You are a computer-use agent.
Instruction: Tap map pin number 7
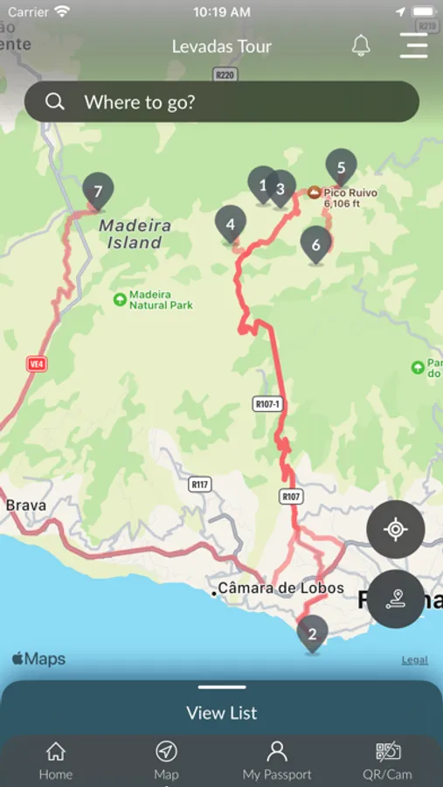tap(98, 191)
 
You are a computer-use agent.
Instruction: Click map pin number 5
tap(341, 166)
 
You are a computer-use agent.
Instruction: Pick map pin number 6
tap(316, 244)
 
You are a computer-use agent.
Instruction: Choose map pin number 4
tap(230, 224)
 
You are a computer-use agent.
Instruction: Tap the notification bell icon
tap(361, 45)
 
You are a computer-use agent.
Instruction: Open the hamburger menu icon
tap(413, 45)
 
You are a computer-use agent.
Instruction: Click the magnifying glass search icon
tap(55, 102)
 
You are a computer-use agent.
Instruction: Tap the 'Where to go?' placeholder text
tap(140, 102)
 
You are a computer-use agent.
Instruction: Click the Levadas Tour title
tap(222, 46)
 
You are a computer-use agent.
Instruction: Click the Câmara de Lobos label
tap(280, 588)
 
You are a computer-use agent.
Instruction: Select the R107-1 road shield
tap(267, 404)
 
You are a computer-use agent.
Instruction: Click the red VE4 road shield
tap(37, 364)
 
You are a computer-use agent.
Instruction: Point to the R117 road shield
tap(200, 484)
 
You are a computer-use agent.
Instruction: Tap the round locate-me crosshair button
tap(395, 529)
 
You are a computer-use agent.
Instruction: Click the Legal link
tap(414, 660)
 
